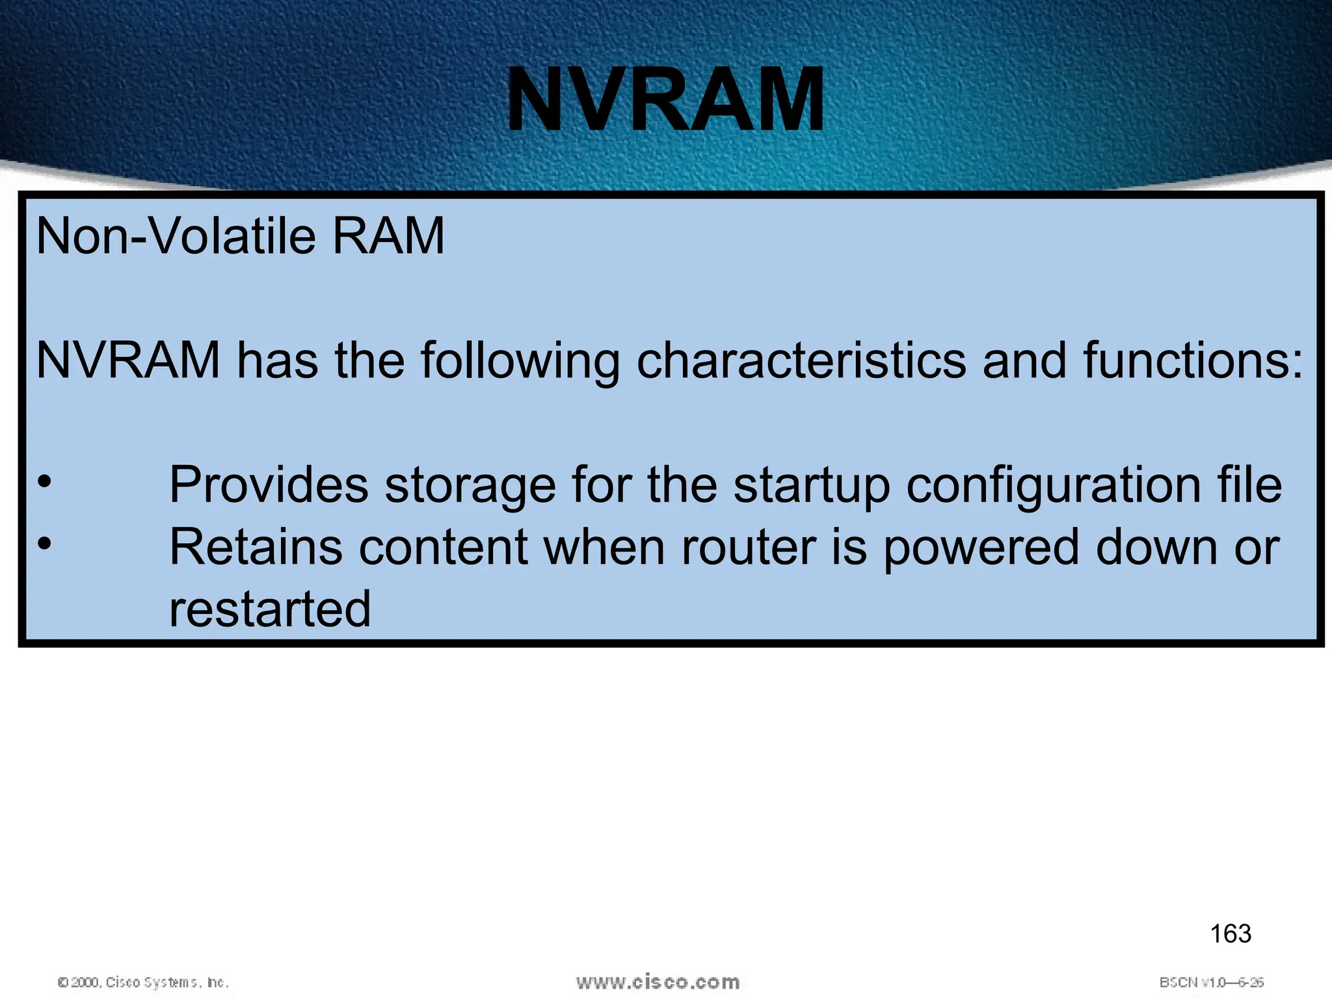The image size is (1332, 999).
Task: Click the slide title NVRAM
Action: point(665,101)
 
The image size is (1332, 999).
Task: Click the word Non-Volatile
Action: point(176,236)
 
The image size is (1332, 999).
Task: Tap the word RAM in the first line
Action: point(388,236)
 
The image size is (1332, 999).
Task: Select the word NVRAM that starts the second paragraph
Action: point(128,361)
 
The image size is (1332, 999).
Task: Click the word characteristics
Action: point(801,361)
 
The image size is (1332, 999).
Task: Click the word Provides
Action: point(269,485)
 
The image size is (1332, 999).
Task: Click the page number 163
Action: point(1230,934)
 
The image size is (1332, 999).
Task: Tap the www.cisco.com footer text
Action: point(658,982)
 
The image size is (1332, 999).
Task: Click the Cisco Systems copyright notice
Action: point(143,982)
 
